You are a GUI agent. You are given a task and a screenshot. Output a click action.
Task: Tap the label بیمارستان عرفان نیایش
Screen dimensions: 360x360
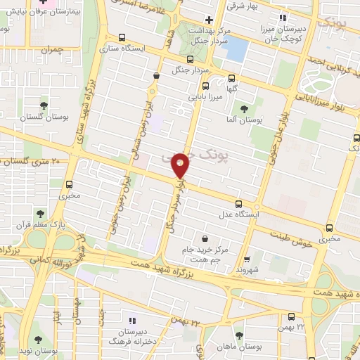point(42,13)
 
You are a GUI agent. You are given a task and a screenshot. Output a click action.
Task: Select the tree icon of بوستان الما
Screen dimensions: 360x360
point(243,109)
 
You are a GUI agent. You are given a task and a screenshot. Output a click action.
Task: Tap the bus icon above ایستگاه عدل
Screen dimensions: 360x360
point(238,202)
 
